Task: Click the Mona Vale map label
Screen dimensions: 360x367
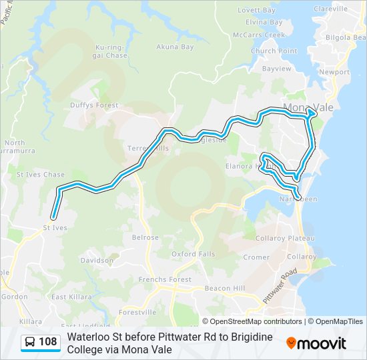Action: click(x=308, y=107)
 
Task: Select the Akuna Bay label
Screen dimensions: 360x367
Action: click(x=175, y=47)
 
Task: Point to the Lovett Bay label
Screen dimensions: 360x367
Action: click(x=256, y=10)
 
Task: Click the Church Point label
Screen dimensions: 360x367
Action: click(x=274, y=51)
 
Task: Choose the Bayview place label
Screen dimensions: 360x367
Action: click(x=277, y=69)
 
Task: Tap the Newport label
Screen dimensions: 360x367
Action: click(x=334, y=72)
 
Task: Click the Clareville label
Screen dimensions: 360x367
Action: click(x=330, y=9)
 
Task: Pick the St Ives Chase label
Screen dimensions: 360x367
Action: click(x=41, y=175)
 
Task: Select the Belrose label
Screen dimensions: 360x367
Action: click(x=145, y=237)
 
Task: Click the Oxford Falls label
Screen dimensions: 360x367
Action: click(x=193, y=254)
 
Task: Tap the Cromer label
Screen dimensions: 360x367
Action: click(x=257, y=257)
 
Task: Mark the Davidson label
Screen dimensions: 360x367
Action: click(x=97, y=260)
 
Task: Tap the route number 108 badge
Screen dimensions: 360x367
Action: click(x=41, y=343)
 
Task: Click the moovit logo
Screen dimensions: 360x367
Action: click(x=316, y=343)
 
